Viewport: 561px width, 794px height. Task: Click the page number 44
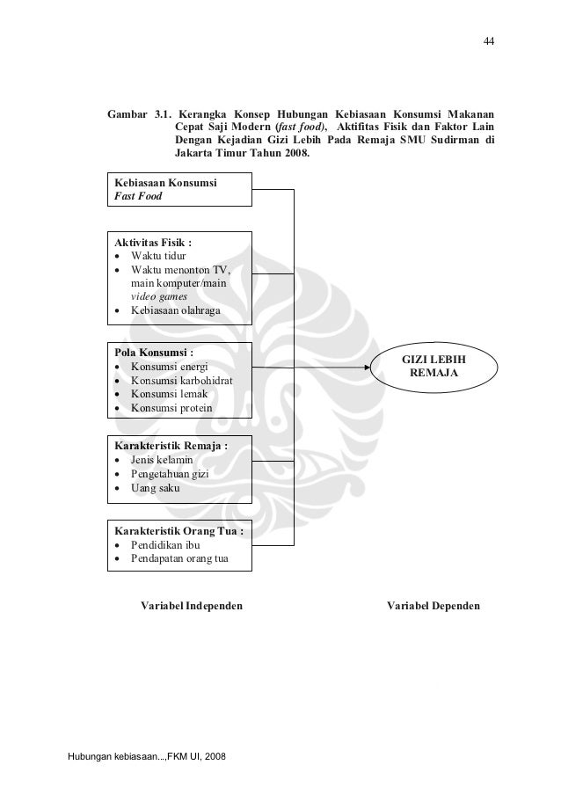click(487, 41)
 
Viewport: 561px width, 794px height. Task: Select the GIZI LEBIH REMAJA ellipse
click(433, 368)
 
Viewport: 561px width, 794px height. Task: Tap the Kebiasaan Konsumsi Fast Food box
click(178, 190)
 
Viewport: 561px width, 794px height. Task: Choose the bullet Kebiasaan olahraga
click(176, 311)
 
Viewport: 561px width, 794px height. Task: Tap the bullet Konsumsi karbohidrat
click(182, 381)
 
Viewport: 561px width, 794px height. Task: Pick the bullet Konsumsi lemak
click(169, 395)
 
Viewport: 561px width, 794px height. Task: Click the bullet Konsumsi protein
click(171, 409)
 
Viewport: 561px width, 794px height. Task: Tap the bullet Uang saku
click(155, 488)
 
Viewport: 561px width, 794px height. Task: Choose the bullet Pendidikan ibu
click(165, 545)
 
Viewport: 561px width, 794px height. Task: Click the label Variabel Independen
click(192, 607)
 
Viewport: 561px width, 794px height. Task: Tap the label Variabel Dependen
click(433, 607)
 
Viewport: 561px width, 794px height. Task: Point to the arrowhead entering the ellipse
click(368, 369)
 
